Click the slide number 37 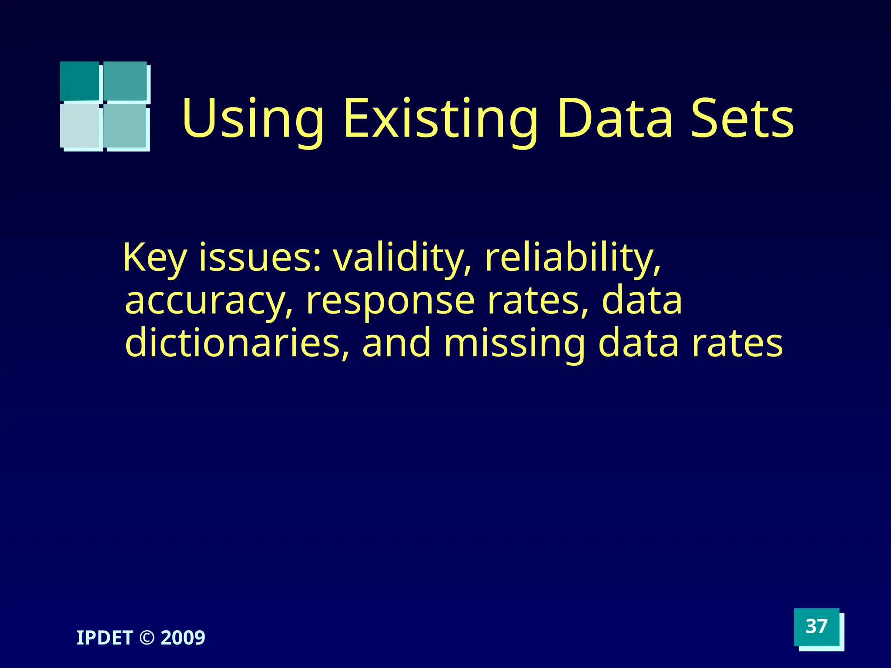coord(816,627)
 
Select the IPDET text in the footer coord(104,638)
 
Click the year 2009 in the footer coord(183,638)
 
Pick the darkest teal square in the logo coord(80,81)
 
